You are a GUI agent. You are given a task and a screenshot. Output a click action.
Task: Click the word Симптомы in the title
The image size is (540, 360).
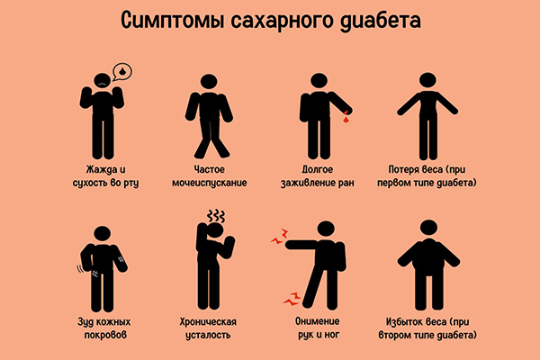[173, 21]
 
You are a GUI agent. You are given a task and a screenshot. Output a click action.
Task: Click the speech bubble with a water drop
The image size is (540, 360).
[122, 72]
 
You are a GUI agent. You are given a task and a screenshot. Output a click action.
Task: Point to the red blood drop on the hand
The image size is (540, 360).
[346, 117]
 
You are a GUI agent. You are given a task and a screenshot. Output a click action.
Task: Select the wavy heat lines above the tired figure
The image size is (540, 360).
[216, 216]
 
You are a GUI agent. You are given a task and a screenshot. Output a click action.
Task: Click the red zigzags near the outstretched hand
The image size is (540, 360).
[279, 237]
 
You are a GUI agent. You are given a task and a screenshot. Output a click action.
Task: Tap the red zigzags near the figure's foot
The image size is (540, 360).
[292, 299]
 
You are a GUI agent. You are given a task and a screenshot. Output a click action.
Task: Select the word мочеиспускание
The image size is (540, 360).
[210, 183]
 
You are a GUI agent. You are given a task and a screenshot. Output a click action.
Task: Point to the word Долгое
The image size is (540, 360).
[317, 169]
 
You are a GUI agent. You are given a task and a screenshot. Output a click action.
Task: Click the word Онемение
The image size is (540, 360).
[317, 321]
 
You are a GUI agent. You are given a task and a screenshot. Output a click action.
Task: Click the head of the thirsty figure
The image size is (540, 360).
[103, 80]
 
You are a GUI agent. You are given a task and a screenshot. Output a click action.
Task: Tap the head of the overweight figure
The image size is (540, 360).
[428, 228]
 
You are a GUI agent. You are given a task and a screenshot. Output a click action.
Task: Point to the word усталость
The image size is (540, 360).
[208, 335]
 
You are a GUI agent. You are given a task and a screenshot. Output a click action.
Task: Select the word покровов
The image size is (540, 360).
[105, 335]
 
